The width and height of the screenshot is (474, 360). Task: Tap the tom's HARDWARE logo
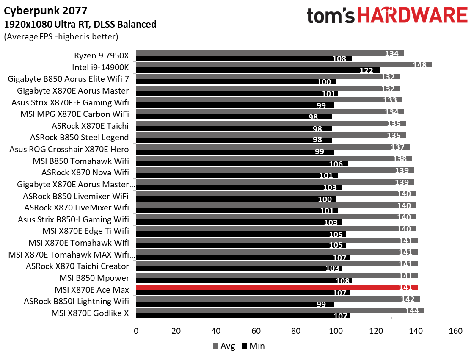coord(387,16)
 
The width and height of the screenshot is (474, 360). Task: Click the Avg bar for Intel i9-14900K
coord(284,65)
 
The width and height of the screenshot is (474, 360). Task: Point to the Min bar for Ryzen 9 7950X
coord(244,58)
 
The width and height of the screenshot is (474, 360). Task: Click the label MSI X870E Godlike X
coord(90,313)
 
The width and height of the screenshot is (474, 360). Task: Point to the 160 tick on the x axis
coord(455,330)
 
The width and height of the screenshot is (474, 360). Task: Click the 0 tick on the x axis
coord(136,330)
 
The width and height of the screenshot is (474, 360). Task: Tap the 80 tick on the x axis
coord(296,330)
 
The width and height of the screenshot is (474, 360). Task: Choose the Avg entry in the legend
coord(224,346)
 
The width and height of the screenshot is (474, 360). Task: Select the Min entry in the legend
coord(254,346)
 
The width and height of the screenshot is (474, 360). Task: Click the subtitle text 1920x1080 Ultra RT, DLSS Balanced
coord(80,24)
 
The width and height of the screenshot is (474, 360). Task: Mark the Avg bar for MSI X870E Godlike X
coord(280,310)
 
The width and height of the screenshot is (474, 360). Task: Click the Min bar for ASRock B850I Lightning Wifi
coord(235,304)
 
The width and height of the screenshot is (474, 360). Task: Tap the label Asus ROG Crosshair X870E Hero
coord(69,149)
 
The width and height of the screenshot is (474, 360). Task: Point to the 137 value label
coord(400,147)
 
